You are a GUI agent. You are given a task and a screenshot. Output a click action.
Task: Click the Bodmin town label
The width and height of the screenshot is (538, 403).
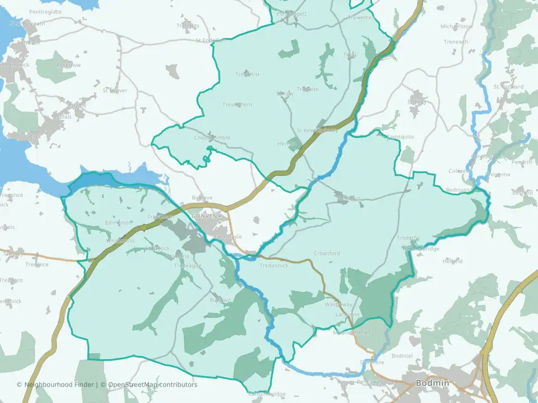point(432,383)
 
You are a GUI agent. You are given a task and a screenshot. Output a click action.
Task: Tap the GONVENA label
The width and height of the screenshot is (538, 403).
point(206,215)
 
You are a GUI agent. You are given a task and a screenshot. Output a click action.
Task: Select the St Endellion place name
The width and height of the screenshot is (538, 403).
point(211,40)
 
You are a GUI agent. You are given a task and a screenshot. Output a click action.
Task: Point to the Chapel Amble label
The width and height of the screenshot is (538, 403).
point(212,138)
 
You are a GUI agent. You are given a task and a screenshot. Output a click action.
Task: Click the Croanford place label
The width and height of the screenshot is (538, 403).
point(327,253)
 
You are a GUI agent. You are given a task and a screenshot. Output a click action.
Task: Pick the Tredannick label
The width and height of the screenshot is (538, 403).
point(273,265)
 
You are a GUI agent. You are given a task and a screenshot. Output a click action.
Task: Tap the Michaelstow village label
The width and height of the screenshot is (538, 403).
point(456,26)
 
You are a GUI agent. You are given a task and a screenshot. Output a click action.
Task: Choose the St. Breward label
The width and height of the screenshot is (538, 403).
point(508,87)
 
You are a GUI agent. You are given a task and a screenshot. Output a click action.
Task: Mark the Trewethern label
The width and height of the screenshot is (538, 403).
point(237,105)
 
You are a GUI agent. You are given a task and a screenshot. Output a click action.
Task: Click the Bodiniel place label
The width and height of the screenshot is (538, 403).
point(402,355)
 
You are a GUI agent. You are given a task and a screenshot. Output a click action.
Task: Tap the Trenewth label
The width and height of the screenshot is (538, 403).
point(456,42)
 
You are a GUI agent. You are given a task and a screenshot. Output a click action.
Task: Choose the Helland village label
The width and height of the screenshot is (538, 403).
point(452,261)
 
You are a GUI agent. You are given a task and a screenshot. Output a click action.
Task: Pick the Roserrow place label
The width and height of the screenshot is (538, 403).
point(68,65)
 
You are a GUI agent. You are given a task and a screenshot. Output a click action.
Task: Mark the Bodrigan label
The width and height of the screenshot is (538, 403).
point(458,190)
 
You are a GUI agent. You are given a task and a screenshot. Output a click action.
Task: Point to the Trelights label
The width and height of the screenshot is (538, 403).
point(188,26)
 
